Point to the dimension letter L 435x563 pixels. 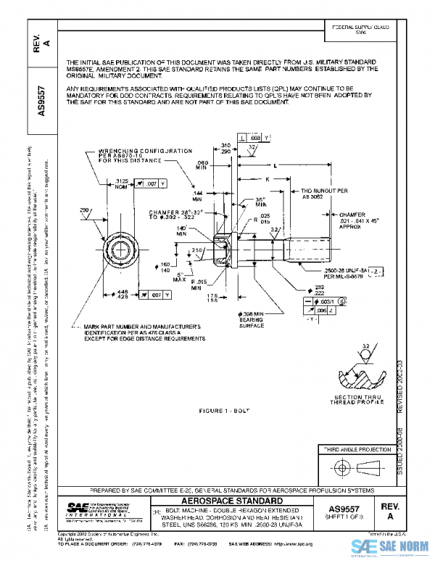(275, 165)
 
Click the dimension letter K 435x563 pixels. (267, 178)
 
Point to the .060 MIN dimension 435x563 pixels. (202, 165)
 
